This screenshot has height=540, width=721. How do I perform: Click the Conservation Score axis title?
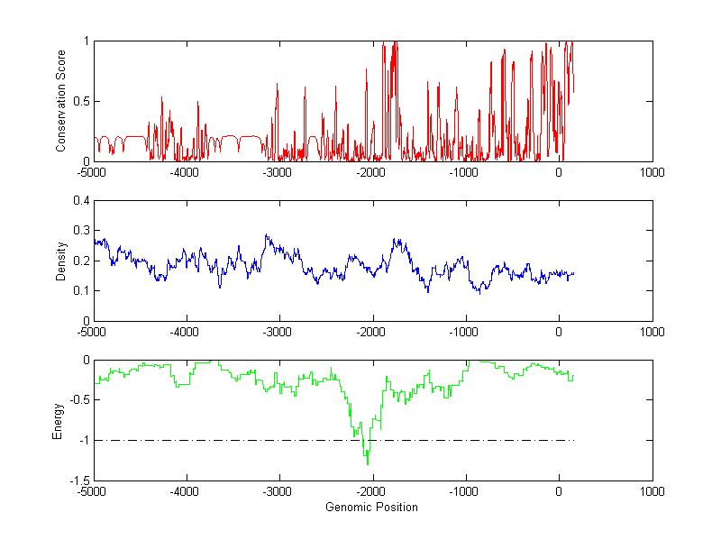click(60, 101)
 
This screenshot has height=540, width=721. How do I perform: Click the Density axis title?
click(60, 261)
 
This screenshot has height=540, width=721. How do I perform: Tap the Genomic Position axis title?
click(371, 507)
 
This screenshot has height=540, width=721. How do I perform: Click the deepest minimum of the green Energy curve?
click(368, 464)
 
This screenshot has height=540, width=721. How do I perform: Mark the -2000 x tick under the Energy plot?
click(371, 491)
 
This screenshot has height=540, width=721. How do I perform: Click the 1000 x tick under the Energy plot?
click(652, 491)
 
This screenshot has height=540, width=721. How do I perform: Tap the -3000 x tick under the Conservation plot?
click(278, 171)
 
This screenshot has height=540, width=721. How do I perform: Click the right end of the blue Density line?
click(573, 273)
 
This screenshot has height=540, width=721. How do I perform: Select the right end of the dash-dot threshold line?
click(574, 440)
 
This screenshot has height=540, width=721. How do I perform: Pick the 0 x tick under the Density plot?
click(559, 331)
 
